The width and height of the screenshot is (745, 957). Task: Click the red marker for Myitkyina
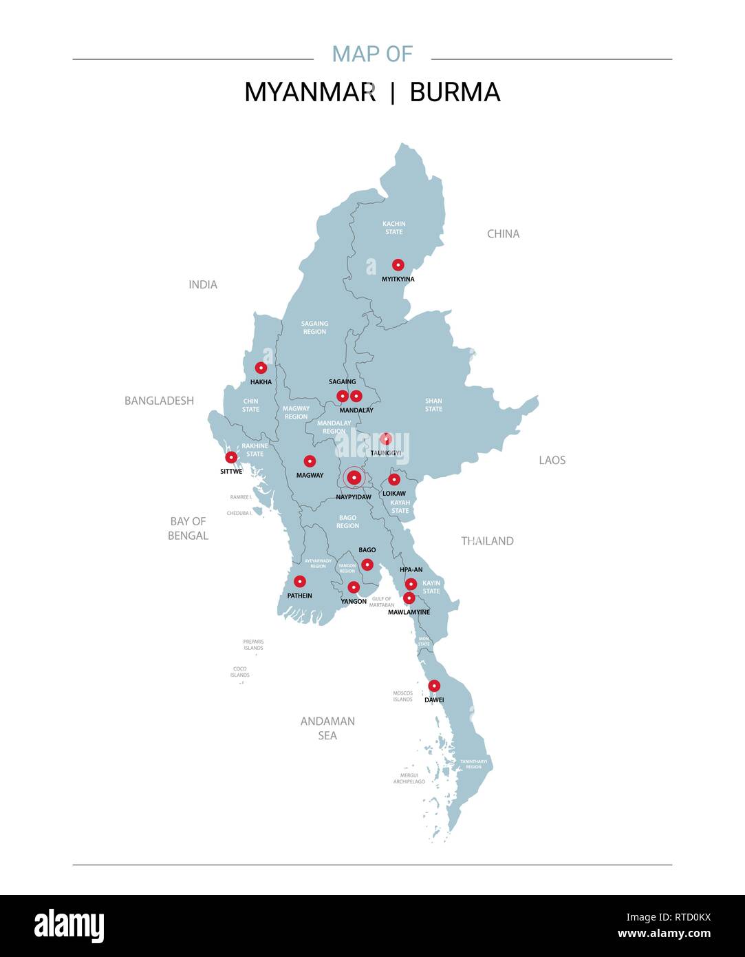point(398,264)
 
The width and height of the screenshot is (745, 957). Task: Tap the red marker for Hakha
point(261,368)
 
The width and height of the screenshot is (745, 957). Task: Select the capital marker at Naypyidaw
point(354,477)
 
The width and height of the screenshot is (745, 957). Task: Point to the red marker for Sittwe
point(231,457)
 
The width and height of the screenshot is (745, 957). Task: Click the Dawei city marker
point(434,686)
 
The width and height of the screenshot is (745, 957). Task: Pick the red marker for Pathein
point(299,581)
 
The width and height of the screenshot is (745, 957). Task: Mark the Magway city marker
point(310,461)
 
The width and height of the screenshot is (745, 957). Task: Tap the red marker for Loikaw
point(394,479)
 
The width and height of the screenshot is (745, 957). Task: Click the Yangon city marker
point(354,587)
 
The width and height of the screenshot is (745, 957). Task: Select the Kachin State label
point(394,228)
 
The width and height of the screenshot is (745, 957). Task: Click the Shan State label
point(433,405)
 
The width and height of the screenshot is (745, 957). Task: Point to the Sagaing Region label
point(314,328)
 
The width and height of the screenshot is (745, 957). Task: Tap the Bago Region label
point(347,522)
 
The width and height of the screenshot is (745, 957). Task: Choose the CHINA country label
point(503,234)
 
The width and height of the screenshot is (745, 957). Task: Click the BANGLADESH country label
point(159,401)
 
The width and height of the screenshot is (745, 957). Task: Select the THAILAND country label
point(487,541)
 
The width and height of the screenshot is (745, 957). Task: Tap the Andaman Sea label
point(327,728)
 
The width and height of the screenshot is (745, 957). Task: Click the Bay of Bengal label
point(188,528)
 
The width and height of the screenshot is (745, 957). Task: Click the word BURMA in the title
point(455,92)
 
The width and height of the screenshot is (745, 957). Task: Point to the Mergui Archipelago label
point(409,779)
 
